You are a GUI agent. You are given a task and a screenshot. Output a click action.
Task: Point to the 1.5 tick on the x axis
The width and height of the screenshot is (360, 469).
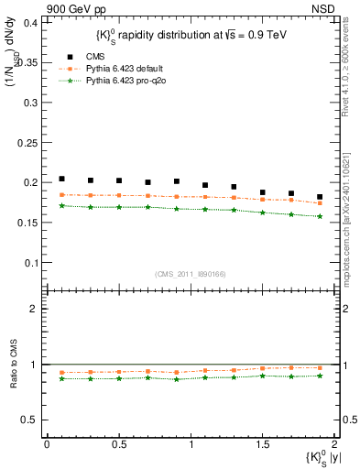[x=263, y=444]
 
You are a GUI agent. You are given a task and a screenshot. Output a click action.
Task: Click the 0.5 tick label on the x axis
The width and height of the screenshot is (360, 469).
[x=119, y=444]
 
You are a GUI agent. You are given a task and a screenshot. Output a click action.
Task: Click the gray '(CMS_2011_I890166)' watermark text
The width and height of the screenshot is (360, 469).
[x=190, y=273]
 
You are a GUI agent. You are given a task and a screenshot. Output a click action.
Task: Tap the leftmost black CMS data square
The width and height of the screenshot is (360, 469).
[x=61, y=179]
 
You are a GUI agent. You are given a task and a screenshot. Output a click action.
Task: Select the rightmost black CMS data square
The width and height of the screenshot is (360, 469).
[x=320, y=197]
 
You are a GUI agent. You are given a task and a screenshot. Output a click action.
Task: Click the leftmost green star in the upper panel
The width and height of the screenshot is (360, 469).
[x=61, y=206]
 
